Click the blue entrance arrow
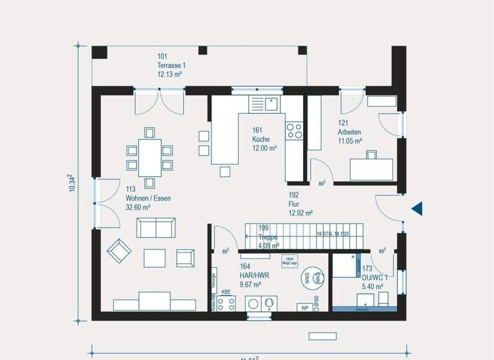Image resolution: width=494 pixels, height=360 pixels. pyautogui.click(x=417, y=208)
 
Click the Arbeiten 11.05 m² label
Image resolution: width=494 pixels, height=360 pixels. pyautogui.click(x=349, y=132)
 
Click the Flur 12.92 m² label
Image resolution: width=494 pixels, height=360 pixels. pyautogui.click(x=300, y=204)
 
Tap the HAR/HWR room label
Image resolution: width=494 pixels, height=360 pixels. pyautogui.click(x=235, y=275)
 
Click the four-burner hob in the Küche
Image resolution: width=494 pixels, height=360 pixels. pyautogui.click(x=294, y=130)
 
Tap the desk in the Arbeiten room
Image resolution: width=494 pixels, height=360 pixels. pyautogui.click(x=371, y=169)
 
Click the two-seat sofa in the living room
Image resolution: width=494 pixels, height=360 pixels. pyautogui.click(x=156, y=228)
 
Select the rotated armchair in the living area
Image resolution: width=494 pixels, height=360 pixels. pyautogui.click(x=119, y=251)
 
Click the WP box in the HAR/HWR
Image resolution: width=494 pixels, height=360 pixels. pyautogui.click(x=305, y=308)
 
